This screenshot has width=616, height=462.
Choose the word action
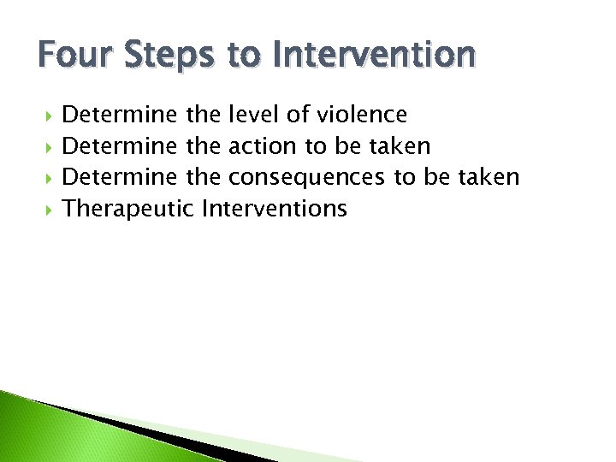point(264,145)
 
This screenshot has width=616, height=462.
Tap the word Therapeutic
point(128,209)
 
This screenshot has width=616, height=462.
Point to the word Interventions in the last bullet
point(274,208)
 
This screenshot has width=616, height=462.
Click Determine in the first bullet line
point(121,114)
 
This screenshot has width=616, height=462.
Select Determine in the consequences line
point(121,177)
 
